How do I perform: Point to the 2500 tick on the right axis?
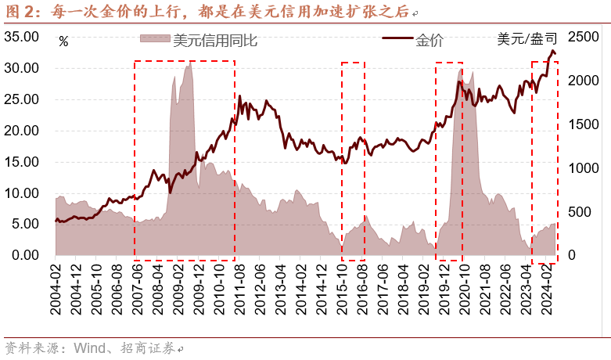(x=583, y=37)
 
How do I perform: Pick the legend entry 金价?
(x=429, y=39)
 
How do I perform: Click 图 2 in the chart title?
(x=19, y=12)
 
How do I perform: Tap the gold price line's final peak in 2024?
(x=553, y=52)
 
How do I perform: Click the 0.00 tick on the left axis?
(x=24, y=255)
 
